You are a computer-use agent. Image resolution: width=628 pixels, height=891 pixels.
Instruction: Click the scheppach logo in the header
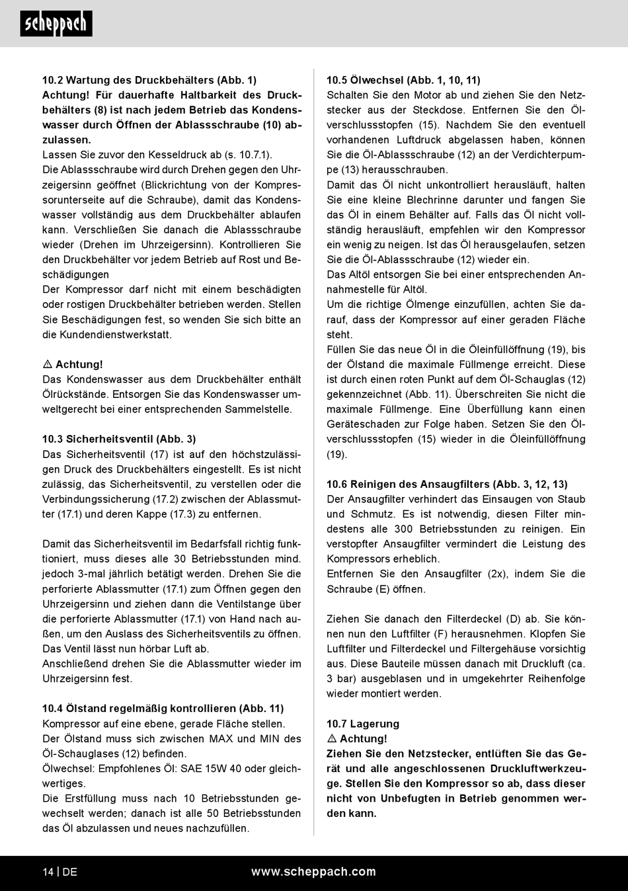(56, 24)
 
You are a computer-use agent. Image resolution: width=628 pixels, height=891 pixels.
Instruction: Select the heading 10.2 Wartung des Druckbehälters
(149, 80)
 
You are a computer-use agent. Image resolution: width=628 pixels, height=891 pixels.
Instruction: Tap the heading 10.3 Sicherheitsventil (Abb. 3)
(119, 439)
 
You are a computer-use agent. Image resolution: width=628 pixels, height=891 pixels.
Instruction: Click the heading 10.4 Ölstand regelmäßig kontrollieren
(163, 709)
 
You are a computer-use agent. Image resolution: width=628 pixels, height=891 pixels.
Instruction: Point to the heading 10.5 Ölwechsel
(403, 80)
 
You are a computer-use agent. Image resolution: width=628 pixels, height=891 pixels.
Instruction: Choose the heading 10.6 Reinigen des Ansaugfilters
(447, 484)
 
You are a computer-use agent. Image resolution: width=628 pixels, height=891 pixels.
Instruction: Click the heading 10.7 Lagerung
(363, 724)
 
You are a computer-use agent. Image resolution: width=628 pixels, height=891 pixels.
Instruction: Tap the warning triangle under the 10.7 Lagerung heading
(332, 739)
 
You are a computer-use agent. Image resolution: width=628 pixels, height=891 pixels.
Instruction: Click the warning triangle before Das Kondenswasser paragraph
(48, 364)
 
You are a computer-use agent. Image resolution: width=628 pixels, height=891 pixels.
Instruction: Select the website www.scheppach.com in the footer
(313, 872)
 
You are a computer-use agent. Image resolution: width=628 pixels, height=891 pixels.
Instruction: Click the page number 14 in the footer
(48, 872)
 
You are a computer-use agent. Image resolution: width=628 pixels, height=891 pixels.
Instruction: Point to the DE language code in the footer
(69, 872)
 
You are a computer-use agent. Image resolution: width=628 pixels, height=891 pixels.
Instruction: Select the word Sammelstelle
(258, 409)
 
